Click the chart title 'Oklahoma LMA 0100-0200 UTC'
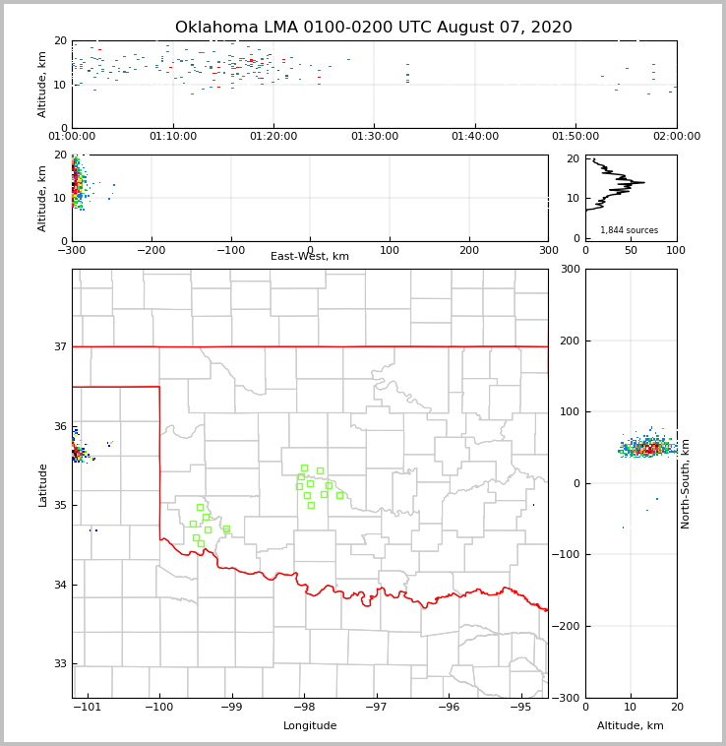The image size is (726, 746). click(373, 28)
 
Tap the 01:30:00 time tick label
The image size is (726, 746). click(375, 137)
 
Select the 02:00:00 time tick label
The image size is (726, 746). click(677, 137)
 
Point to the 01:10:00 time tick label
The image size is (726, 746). click(173, 137)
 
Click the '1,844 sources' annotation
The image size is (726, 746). click(630, 230)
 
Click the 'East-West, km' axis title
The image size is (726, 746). click(310, 257)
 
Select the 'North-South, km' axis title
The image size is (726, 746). click(686, 483)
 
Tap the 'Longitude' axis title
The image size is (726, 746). click(310, 726)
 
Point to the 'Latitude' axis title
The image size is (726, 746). click(42, 484)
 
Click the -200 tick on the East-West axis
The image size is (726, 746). click(151, 251)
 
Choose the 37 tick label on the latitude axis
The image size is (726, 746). click(59, 346)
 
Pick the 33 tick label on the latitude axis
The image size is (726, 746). click(59, 664)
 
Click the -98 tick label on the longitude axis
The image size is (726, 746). click(303, 708)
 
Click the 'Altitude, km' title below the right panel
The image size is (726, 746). click(631, 726)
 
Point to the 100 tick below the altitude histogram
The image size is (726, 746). click(677, 251)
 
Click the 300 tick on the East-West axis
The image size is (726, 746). click(548, 251)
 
